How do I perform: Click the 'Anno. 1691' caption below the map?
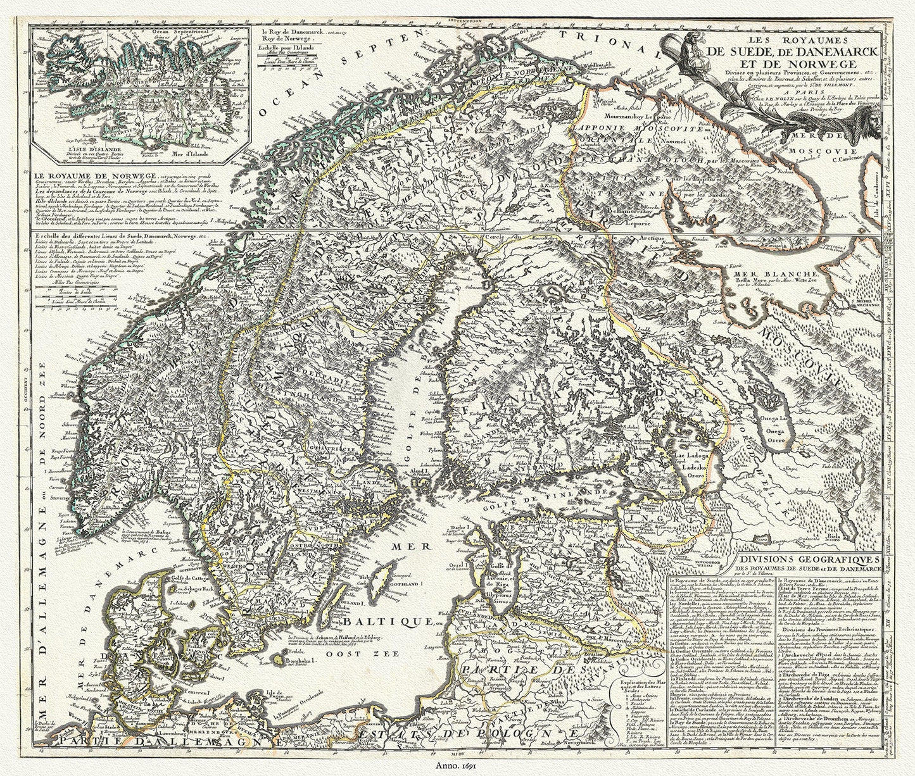(457, 767)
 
